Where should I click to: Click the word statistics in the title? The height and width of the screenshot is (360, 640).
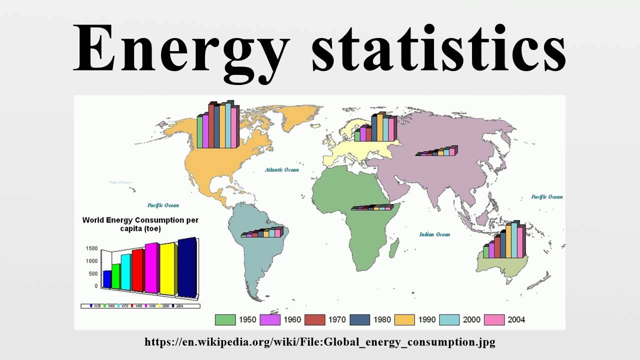pyautogui.click(x=439, y=47)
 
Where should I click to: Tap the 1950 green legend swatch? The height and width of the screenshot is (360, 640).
pyautogui.click(x=225, y=319)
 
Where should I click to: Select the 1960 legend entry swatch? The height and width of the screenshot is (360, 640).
pyautogui.click(x=270, y=319)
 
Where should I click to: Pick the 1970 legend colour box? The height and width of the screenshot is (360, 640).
pyautogui.click(x=314, y=319)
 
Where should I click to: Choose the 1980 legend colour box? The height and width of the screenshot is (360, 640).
pyautogui.click(x=359, y=319)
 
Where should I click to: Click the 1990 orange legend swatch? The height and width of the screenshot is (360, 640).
pyautogui.click(x=404, y=319)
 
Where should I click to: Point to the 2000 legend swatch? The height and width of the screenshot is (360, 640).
pyautogui.click(x=449, y=319)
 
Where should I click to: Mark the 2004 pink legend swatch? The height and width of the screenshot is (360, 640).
pyautogui.click(x=493, y=319)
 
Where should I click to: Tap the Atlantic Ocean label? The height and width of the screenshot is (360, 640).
pyautogui.click(x=282, y=170)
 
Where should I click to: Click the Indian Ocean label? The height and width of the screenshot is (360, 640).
pyautogui.click(x=434, y=234)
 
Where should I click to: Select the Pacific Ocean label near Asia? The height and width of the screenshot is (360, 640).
pyautogui.click(x=546, y=197)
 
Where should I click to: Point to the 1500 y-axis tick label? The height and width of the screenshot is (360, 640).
pyautogui.click(x=91, y=248)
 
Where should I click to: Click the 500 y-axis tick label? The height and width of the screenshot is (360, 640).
pyautogui.click(x=93, y=274)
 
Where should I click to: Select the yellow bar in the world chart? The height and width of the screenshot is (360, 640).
pyautogui.click(x=168, y=269)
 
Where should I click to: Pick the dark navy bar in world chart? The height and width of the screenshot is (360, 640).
pyautogui.click(x=186, y=267)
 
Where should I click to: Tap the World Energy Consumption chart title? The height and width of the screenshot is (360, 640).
pyautogui.click(x=140, y=224)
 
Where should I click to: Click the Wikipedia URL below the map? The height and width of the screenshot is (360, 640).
pyautogui.click(x=320, y=342)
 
